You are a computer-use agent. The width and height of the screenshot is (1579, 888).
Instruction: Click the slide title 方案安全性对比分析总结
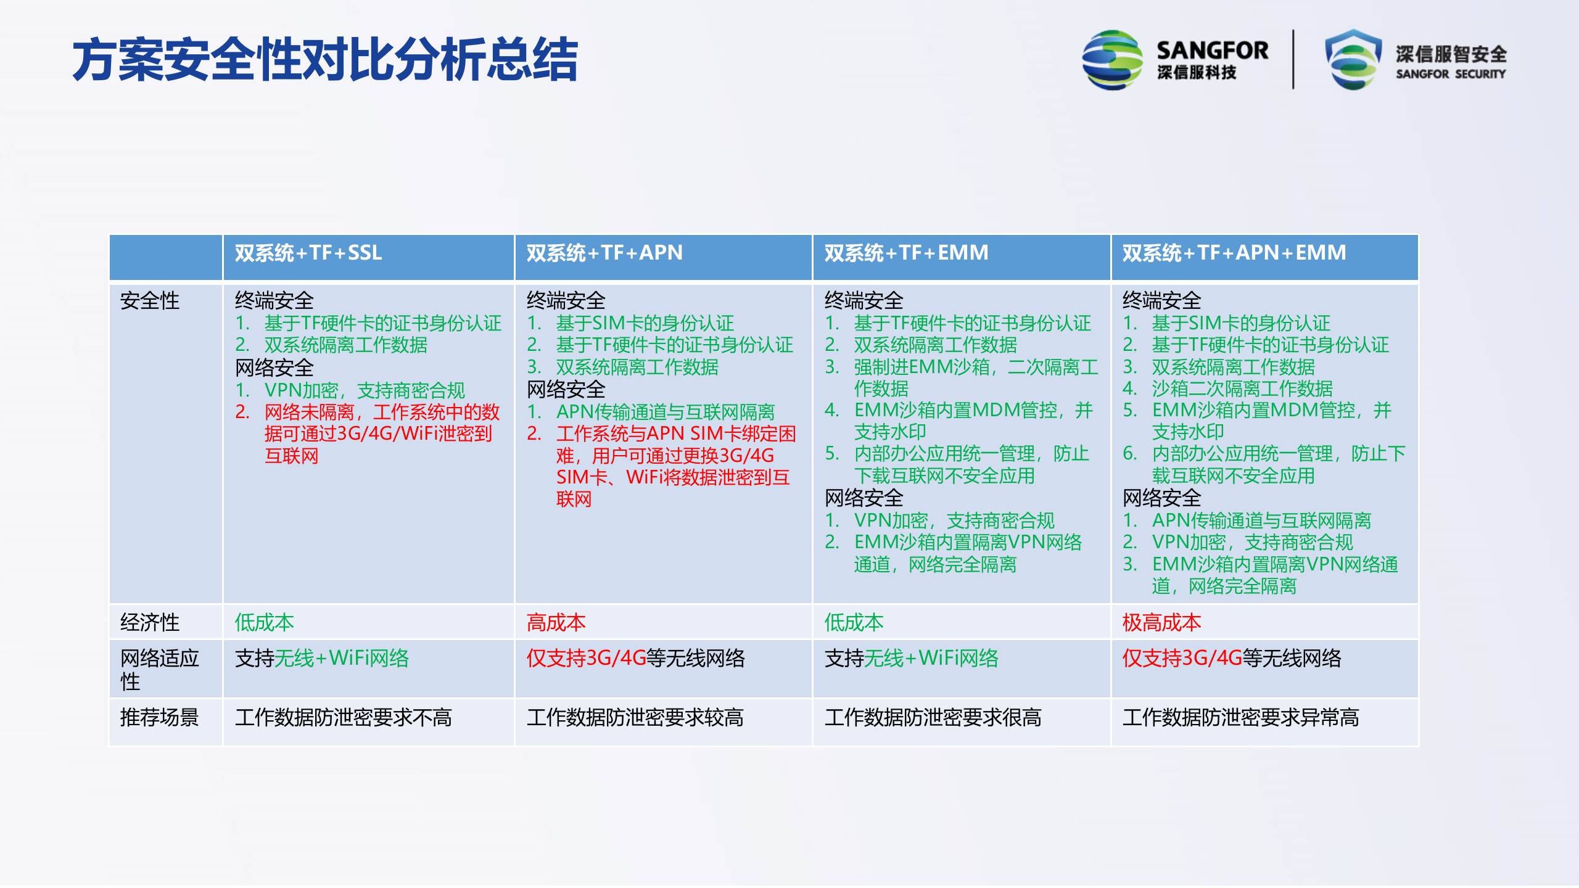click(x=325, y=60)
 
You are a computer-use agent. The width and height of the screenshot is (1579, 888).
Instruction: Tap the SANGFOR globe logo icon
click(x=1112, y=60)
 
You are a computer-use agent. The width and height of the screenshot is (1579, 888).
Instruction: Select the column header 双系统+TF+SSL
click(x=308, y=253)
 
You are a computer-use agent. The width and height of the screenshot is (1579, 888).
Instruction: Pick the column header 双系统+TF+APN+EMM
click(x=1234, y=253)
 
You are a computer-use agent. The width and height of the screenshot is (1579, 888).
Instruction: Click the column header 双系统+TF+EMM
click(x=906, y=253)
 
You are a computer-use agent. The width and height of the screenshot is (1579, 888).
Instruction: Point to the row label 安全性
click(x=150, y=301)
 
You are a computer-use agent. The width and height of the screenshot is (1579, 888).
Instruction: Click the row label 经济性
click(x=150, y=622)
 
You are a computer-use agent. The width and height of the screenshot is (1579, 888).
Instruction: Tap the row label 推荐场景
click(x=159, y=717)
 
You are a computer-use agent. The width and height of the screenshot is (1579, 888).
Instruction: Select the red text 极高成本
click(x=1161, y=622)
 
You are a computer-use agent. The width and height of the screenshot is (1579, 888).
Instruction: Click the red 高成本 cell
click(x=556, y=622)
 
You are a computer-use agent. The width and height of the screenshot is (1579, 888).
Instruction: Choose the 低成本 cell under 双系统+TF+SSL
click(x=264, y=622)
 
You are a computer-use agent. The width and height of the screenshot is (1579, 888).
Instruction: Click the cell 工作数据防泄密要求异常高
click(x=1240, y=717)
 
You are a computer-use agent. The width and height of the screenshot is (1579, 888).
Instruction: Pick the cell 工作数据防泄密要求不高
click(x=343, y=717)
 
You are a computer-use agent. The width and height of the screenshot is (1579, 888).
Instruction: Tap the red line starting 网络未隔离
click(x=381, y=412)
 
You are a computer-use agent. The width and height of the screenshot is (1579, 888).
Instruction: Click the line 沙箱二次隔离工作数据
click(x=1242, y=388)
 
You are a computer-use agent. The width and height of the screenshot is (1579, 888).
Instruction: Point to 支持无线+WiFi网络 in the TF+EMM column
click(x=911, y=658)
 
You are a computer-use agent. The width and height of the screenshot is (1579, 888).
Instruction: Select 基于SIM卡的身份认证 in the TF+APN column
click(x=645, y=323)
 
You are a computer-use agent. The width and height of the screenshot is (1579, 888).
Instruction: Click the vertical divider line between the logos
click(x=1293, y=60)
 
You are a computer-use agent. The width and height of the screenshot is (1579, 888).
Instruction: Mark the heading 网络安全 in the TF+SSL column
click(x=274, y=368)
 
